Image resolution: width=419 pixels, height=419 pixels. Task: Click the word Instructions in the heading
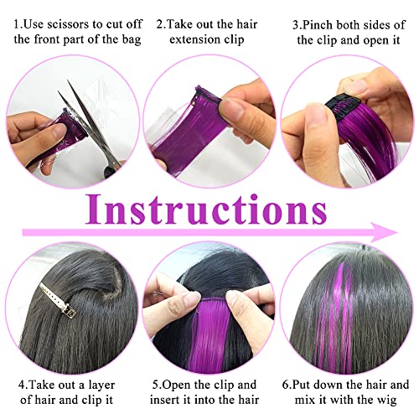pyautogui.click(x=206, y=209)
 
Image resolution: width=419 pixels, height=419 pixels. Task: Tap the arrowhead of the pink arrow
pyautogui.click(x=387, y=232)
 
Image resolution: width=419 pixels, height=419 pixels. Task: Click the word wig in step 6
pyautogui.click(x=387, y=401)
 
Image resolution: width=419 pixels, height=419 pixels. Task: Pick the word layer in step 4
pyautogui.click(x=101, y=385)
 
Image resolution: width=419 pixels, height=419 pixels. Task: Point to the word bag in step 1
pyautogui.click(x=132, y=40)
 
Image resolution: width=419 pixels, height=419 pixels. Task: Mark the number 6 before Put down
pyautogui.click(x=285, y=385)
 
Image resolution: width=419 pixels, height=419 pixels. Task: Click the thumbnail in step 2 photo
pyautogui.click(x=233, y=107)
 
